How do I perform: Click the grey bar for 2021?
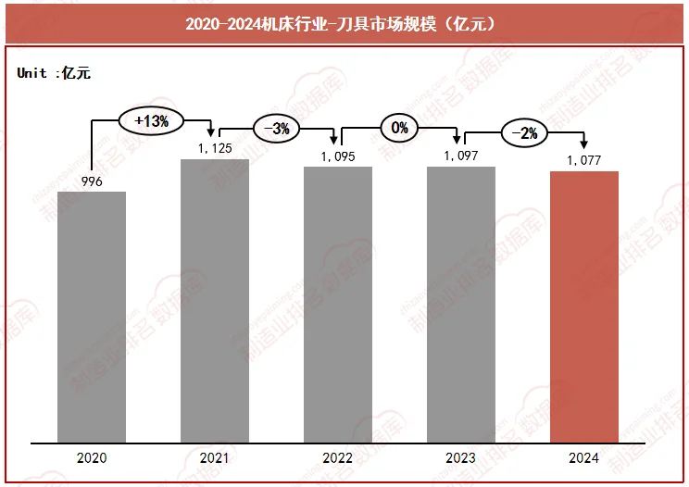click(215, 301)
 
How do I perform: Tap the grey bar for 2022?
click(338, 305)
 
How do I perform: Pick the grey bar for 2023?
click(460, 305)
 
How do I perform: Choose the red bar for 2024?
click(584, 306)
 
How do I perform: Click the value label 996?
click(91, 181)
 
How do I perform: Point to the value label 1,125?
click(215, 148)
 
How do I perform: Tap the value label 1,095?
click(338, 156)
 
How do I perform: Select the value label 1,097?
click(460, 156)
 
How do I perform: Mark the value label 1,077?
click(584, 160)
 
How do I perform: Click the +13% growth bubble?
click(152, 120)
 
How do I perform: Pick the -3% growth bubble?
click(276, 129)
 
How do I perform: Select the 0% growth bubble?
click(399, 128)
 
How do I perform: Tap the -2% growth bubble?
click(524, 132)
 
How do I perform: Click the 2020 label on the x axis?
click(92, 458)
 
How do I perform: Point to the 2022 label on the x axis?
click(338, 458)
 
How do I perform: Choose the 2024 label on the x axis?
click(584, 458)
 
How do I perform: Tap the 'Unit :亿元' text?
click(54, 73)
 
